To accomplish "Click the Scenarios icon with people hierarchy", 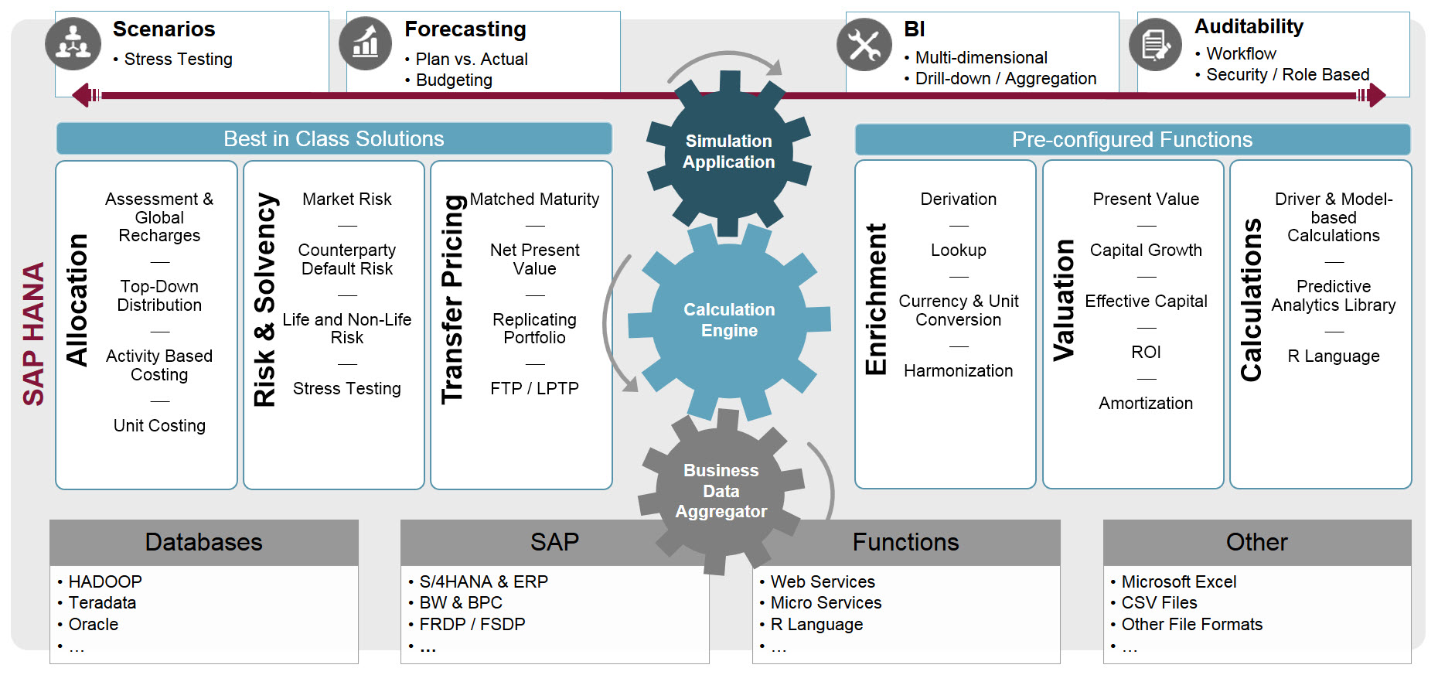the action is (x=73, y=43).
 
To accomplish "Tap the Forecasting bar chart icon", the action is (x=366, y=43).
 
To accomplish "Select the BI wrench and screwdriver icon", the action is (x=864, y=44).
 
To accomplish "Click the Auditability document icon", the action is (x=1156, y=44).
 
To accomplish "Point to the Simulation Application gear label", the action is (x=728, y=152).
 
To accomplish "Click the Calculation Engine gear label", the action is (x=729, y=320).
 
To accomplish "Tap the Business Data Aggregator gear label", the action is (x=721, y=491).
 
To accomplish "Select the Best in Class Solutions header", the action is (x=334, y=139).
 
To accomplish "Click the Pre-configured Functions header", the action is (x=1133, y=140).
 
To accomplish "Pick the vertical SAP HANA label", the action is (x=33, y=334).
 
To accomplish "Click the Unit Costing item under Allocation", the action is (x=159, y=426).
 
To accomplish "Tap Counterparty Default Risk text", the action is (x=347, y=260).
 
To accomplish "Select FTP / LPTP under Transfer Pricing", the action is (x=534, y=389).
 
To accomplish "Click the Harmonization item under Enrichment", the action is (x=958, y=371).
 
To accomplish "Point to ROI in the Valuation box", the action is (x=1146, y=353).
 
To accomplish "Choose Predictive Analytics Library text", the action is (x=1334, y=296).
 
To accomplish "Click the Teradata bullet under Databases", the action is (x=97, y=603).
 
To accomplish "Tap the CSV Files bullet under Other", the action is (x=1153, y=603).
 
